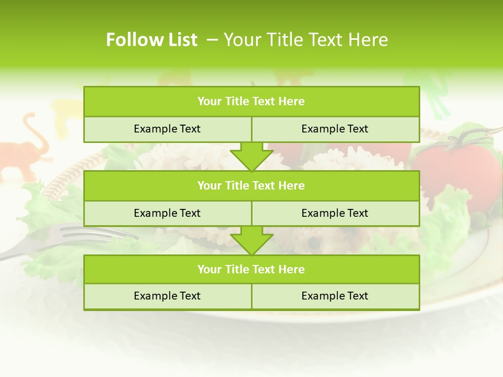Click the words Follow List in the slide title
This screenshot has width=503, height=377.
[151, 40]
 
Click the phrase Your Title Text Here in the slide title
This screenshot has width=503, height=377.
[305, 40]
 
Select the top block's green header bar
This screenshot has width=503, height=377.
[251, 102]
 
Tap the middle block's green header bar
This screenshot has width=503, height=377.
[251, 185]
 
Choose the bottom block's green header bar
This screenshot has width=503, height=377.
[251, 269]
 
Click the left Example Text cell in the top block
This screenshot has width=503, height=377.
[167, 129]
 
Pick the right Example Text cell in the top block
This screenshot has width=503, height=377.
[335, 129]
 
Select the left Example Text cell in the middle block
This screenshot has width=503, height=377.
[167, 213]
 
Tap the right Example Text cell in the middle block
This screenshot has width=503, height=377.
[335, 213]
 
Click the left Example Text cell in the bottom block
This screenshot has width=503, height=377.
[167, 296]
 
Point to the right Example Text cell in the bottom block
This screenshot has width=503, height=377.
[335, 296]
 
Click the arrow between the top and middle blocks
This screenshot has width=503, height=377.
[251, 158]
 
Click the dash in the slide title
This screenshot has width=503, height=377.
[212, 40]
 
